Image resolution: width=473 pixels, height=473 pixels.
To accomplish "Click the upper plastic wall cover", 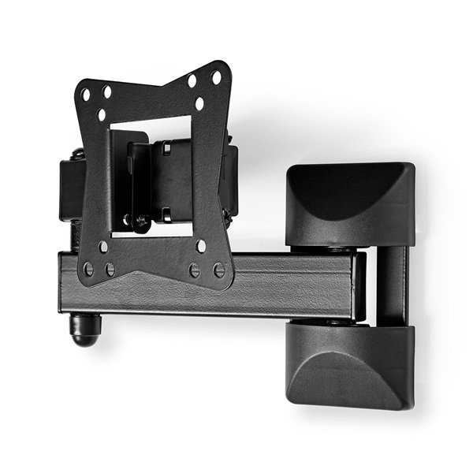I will coord(350,203).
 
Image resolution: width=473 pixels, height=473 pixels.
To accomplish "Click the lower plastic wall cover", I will coord(350,364).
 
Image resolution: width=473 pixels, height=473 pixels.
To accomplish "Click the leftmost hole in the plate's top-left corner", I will coord(86,95).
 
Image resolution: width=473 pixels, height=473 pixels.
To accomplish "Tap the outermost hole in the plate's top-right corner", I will coord(216,77).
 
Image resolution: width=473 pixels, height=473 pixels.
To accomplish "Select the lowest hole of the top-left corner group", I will coord(102,115).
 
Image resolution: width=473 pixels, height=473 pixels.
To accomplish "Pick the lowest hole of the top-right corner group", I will coord(199,103).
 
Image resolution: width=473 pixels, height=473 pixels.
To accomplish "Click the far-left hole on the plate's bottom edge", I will coord(88,269).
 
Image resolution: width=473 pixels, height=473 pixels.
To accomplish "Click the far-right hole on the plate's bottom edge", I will coord(219,270).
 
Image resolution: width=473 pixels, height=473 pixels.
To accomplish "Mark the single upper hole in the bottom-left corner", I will coord(103,246).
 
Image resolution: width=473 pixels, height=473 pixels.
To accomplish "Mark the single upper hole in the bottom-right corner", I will coord(201,246).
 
